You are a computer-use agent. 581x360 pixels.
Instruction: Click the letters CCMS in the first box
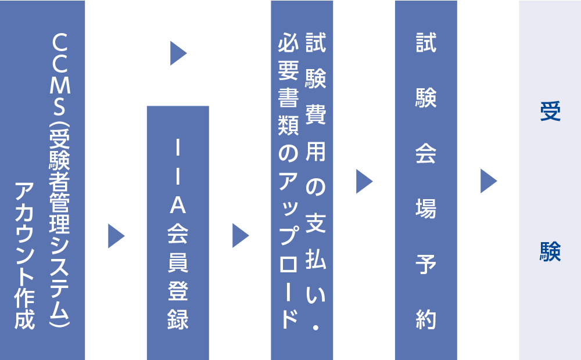(x=61, y=70)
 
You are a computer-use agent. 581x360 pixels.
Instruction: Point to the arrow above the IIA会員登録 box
(x=178, y=53)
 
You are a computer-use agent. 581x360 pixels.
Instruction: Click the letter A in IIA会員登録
(x=178, y=205)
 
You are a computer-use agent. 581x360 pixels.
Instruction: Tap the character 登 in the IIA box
(x=178, y=291)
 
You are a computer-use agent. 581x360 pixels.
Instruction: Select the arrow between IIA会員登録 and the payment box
(x=240, y=236)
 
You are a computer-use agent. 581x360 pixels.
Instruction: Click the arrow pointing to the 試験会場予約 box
(x=364, y=182)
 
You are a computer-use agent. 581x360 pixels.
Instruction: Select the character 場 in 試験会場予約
(x=426, y=210)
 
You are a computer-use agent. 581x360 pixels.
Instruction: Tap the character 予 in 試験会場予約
(x=426, y=265)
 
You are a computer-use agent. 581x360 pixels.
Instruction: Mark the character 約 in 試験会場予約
(x=426, y=319)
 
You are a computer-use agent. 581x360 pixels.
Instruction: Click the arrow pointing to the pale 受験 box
(x=488, y=181)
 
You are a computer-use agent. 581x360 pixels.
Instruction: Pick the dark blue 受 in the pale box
(x=550, y=111)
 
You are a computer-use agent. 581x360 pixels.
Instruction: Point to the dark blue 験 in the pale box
(x=550, y=251)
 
